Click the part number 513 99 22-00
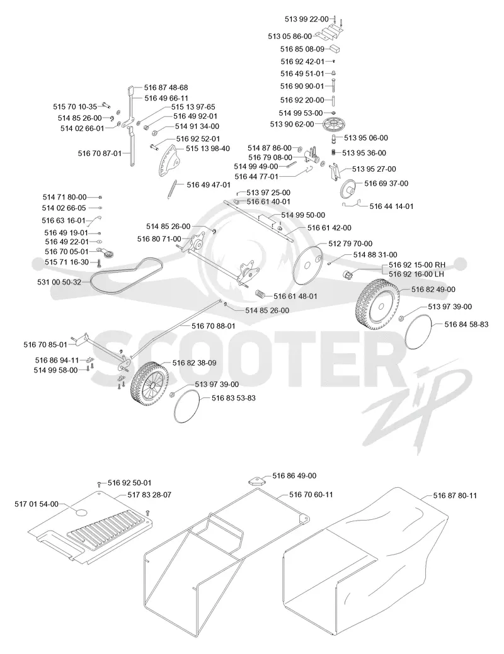[307, 19]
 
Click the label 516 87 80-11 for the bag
[455, 495]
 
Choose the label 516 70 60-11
[311, 495]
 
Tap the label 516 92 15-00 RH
[416, 265]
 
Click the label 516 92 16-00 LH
[416, 274]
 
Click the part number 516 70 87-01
[100, 153]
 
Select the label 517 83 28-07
[149, 495]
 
